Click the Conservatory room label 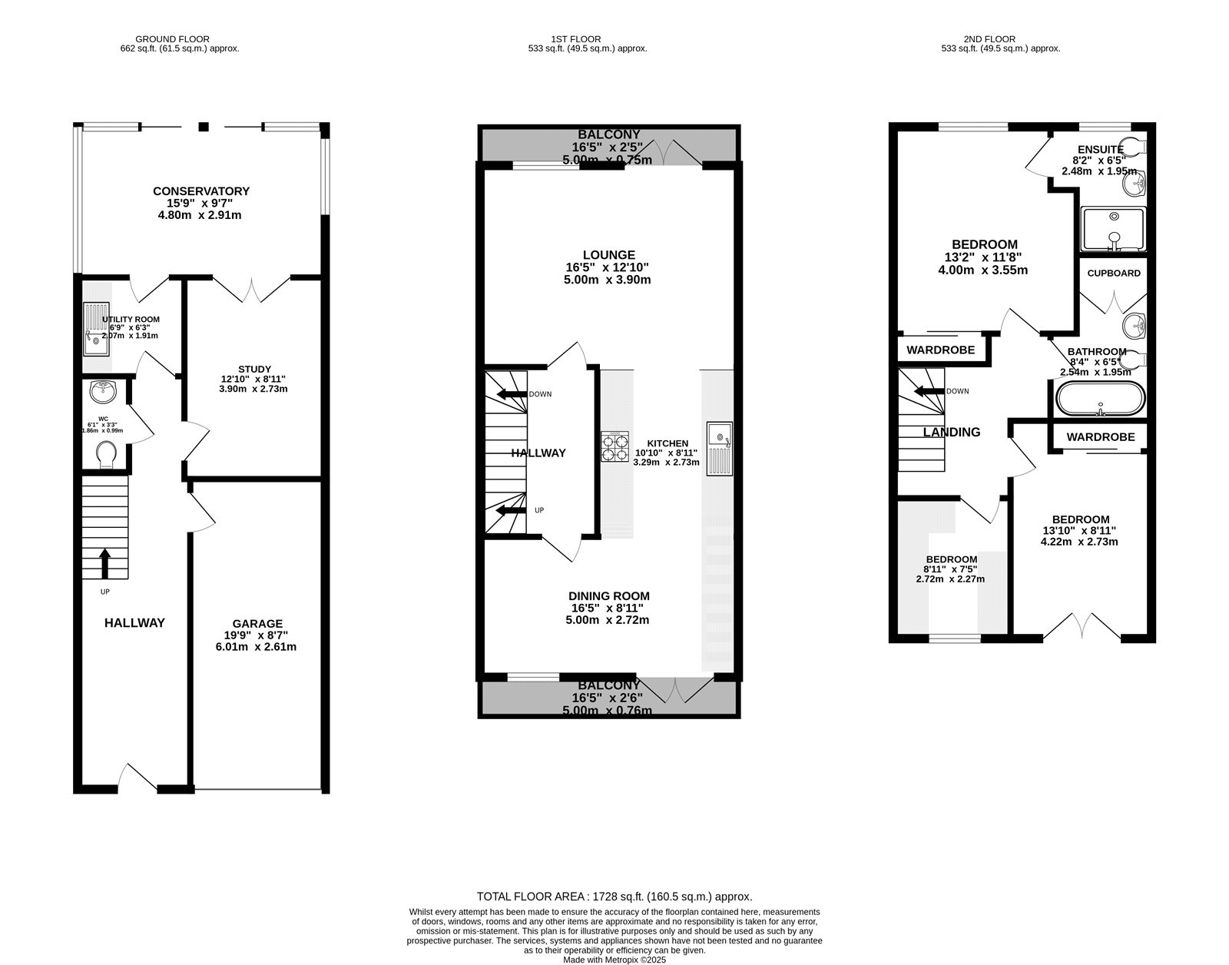(x=200, y=191)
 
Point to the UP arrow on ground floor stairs (x=105, y=562)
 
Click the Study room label (x=254, y=370)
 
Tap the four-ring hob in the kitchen (x=614, y=446)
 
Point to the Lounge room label (x=608, y=255)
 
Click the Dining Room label (x=608, y=596)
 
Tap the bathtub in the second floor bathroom (x=1100, y=399)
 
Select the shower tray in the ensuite (x=1112, y=229)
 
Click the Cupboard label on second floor (x=1114, y=274)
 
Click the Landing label (x=951, y=433)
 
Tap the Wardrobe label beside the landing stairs (x=940, y=350)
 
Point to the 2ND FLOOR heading (x=989, y=39)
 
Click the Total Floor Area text (x=614, y=896)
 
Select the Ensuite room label (x=1100, y=150)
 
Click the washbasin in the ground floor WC (x=102, y=392)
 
